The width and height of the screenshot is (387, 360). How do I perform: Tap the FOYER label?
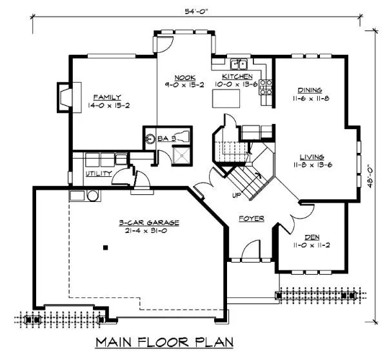[x=251, y=219]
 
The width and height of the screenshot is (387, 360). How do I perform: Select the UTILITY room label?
[x=99, y=174]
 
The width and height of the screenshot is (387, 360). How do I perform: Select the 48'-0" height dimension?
[x=370, y=175]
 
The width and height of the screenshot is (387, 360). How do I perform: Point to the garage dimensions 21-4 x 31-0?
[x=148, y=230]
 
